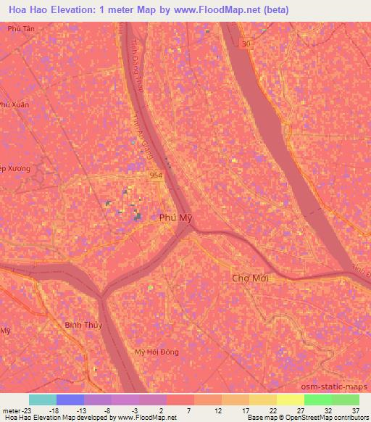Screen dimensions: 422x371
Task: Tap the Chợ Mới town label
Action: click(250, 278)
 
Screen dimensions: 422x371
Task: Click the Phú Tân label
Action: click(21, 28)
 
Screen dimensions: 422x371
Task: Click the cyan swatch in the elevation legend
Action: click(43, 400)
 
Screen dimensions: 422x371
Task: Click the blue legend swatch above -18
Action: click(70, 400)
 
